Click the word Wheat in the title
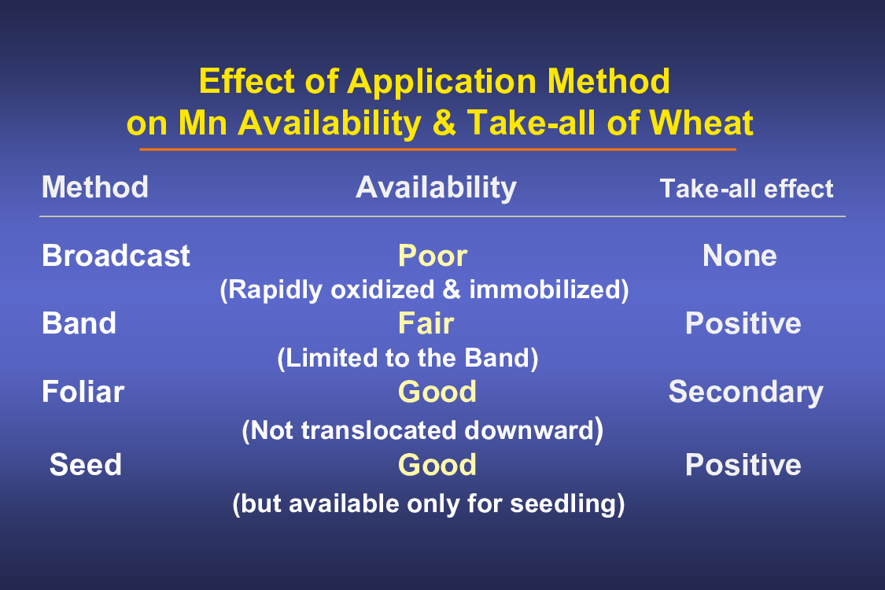pos(702,123)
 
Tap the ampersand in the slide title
pos(444,123)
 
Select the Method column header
pos(95,187)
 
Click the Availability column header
pos(437,188)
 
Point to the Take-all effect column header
pos(747,189)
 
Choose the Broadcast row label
pos(116,256)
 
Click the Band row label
pos(79,323)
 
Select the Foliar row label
pos(83,392)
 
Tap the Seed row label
pos(85,465)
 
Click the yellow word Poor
pos(433,256)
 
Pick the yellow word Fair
pos(426,323)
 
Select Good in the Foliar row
pos(437,392)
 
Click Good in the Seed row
pos(437,465)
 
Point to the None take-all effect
pos(740,256)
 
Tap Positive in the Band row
pos(743,323)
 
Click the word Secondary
pos(747,393)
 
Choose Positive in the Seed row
pos(743,465)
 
